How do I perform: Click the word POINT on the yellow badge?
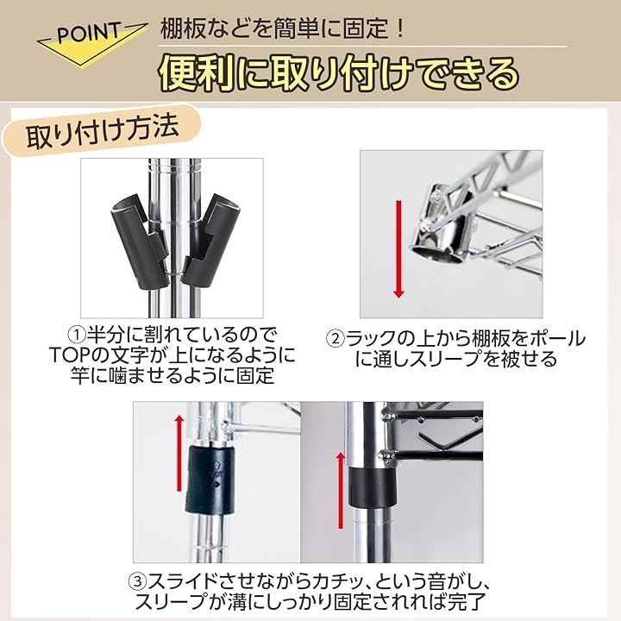point(89,34)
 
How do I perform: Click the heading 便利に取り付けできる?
point(340,74)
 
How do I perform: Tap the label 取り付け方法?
point(103,132)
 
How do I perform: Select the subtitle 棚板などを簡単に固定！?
point(282,28)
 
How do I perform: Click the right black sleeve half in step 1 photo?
point(205,238)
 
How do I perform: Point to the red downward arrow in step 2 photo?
point(398,249)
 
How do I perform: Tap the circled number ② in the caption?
point(335,339)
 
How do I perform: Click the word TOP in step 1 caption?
point(71,355)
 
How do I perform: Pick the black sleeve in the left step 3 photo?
point(209,479)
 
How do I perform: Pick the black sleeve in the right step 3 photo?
point(373,486)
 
